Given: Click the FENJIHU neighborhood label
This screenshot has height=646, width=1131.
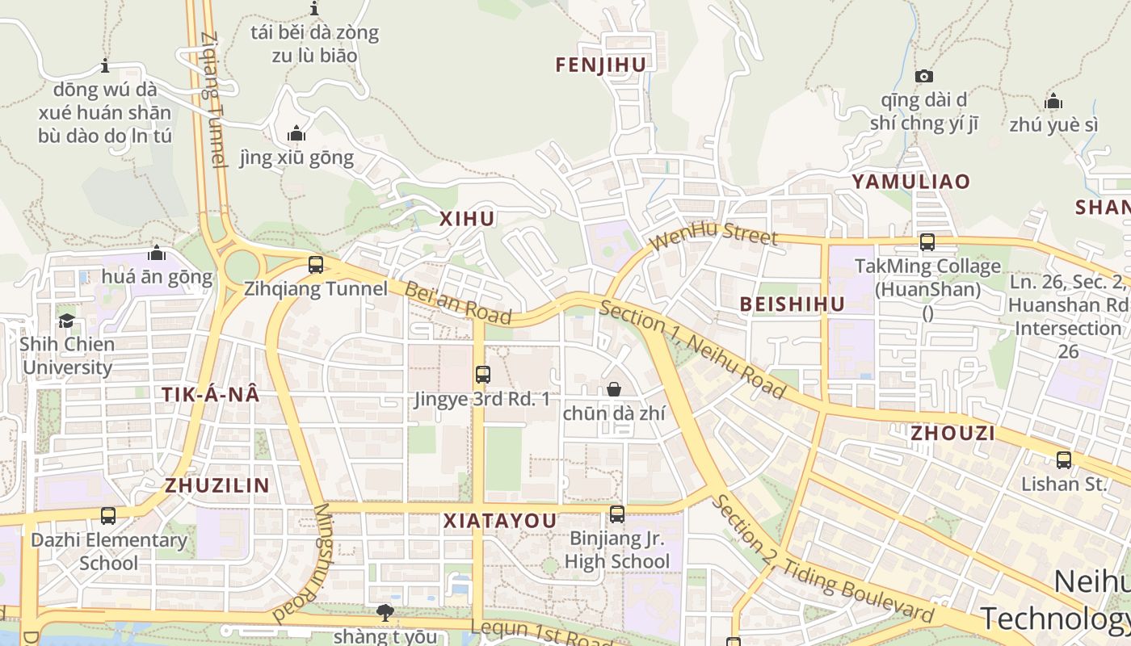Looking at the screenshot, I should click(601, 65).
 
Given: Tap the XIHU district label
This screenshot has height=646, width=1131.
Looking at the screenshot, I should click(467, 219).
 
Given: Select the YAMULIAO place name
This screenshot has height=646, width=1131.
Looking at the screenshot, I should click(910, 182).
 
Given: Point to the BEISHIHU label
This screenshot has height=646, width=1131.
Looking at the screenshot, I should click(793, 304).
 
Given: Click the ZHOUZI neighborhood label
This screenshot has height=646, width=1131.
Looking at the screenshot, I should click(952, 434).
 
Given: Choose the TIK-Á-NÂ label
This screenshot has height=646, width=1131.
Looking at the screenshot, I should click(211, 395).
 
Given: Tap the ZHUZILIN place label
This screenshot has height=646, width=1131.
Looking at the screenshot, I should click(217, 485).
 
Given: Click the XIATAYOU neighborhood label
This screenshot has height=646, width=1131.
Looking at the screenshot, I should click(500, 522).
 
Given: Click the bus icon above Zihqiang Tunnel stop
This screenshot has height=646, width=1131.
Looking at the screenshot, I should click(316, 264).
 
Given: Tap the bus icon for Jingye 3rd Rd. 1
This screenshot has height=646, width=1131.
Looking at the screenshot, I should click(482, 375).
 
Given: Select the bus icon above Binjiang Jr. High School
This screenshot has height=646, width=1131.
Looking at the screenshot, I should click(617, 514).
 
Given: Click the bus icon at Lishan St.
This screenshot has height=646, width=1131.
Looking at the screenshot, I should click(1064, 460).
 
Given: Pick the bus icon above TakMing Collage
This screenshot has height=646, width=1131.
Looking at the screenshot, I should click(927, 242).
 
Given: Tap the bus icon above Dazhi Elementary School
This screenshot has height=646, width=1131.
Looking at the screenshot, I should click(108, 516).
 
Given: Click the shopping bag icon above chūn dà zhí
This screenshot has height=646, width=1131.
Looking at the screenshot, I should click(614, 390).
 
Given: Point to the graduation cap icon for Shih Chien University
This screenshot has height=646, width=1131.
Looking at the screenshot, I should click(66, 321).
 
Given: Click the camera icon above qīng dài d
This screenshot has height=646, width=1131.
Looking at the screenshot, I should click(924, 77).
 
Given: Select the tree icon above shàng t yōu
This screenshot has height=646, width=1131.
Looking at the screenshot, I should click(385, 613).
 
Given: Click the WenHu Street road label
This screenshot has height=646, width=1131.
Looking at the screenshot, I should click(713, 237).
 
